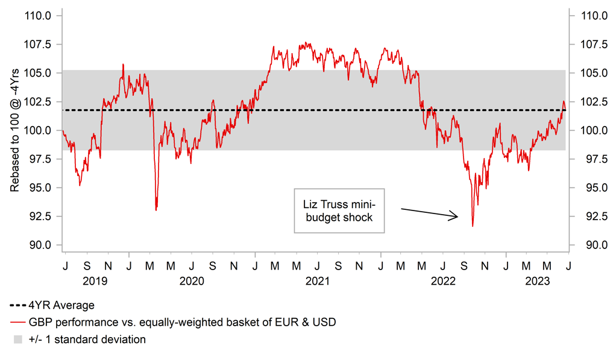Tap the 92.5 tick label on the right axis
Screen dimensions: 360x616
point(591,216)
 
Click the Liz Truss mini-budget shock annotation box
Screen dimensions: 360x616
point(338,211)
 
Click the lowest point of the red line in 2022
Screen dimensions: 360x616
point(473,226)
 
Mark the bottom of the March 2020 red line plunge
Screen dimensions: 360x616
point(156,210)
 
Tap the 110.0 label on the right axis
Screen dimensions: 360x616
point(591,15)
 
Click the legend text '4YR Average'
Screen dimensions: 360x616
point(61,306)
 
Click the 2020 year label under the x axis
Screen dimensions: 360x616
point(192,280)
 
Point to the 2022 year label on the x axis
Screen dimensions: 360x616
point(443,280)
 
